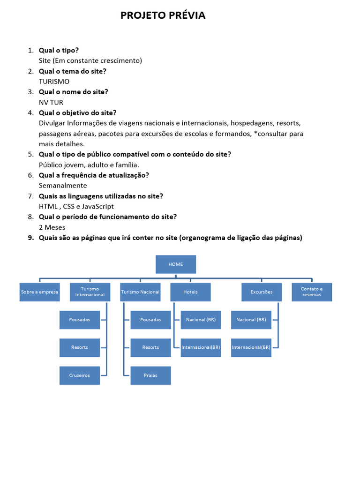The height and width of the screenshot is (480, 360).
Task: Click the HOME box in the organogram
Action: (176, 264)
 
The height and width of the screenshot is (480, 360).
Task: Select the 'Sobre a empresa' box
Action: (39, 292)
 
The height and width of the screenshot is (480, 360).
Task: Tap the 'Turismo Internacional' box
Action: (90, 292)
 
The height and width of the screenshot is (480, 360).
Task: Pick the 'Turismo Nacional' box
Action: (140, 292)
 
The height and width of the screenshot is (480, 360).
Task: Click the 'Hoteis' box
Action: (190, 292)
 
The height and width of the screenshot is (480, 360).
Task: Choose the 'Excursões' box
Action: (262, 292)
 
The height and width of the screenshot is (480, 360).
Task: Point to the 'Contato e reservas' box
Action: (312, 292)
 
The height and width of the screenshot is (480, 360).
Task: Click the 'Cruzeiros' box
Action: (80, 375)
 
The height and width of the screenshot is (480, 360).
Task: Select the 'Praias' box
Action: (150, 375)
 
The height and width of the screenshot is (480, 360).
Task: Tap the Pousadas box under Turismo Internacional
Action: (80, 320)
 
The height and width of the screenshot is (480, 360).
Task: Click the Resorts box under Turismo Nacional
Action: (150, 347)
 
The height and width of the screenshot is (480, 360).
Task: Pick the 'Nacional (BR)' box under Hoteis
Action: (201, 320)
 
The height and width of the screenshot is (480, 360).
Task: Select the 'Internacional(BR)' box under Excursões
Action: (251, 347)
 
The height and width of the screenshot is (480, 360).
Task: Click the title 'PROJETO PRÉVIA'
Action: (163, 15)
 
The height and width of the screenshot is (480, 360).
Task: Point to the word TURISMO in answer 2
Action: (54, 82)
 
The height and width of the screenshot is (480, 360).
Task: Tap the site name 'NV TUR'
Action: (51, 102)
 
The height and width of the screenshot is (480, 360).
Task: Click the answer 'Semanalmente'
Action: (63, 186)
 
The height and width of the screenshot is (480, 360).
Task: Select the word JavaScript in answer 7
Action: (98, 206)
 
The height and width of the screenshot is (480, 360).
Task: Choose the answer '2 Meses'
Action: (52, 227)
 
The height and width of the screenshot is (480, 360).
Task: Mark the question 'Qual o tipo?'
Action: (59, 50)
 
